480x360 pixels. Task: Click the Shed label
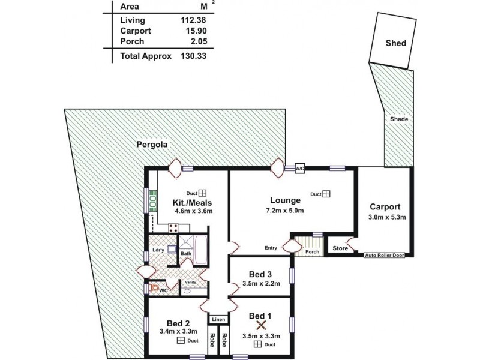[x=396, y=43]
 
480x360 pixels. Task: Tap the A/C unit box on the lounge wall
[x=300, y=169]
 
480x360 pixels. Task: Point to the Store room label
[x=340, y=248]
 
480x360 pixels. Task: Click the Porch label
[x=312, y=251]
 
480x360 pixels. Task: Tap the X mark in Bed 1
[x=261, y=326]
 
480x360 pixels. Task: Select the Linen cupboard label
[x=218, y=319]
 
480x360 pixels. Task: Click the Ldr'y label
[x=159, y=250]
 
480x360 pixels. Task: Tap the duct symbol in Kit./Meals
[x=203, y=193]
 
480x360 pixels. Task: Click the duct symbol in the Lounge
[x=327, y=194]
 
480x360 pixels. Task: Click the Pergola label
[x=150, y=144]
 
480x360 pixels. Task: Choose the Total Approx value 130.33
[x=193, y=56]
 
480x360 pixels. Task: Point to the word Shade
[x=399, y=119]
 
